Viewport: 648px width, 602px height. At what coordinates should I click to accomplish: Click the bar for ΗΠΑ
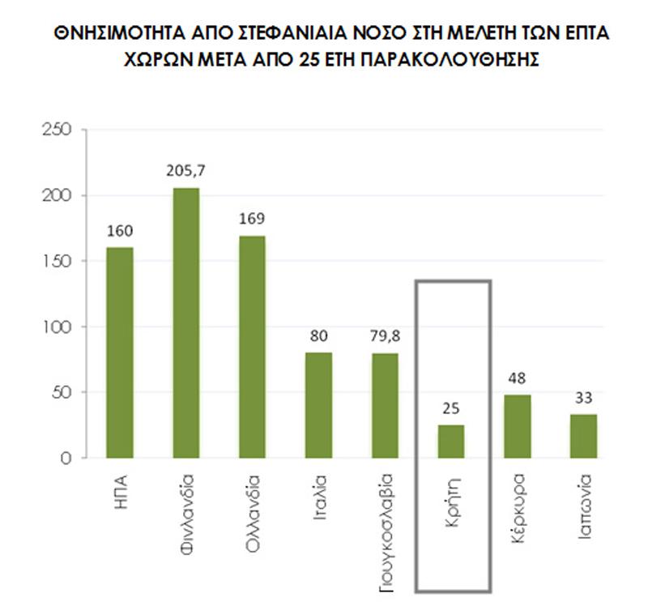(120, 352)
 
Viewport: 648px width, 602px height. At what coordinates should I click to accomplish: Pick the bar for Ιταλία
(318, 405)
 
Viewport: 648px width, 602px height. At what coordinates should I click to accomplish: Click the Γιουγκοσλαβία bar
(386, 405)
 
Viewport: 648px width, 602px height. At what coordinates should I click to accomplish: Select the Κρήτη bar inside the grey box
(451, 442)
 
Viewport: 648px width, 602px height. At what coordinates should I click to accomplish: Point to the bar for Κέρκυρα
(518, 426)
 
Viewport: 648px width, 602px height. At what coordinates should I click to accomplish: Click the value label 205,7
(185, 172)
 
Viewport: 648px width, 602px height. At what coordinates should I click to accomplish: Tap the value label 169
(252, 220)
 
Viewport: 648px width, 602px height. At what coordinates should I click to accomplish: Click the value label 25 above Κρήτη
(451, 409)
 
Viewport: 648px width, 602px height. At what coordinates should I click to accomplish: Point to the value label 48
(518, 379)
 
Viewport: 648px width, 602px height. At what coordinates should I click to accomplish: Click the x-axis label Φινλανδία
(185, 511)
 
